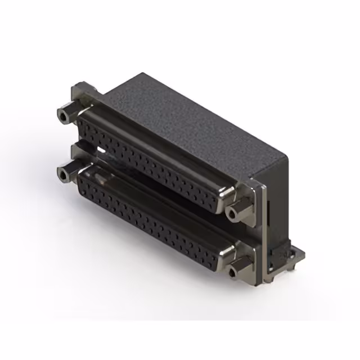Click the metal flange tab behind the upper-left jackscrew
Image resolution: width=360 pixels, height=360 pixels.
pos(82,93)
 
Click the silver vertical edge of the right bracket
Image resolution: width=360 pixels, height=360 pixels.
pos(260,225)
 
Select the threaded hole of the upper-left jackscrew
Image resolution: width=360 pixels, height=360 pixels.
pos(61,117)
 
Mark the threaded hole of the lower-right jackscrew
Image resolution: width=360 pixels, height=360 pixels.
pos(231,274)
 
